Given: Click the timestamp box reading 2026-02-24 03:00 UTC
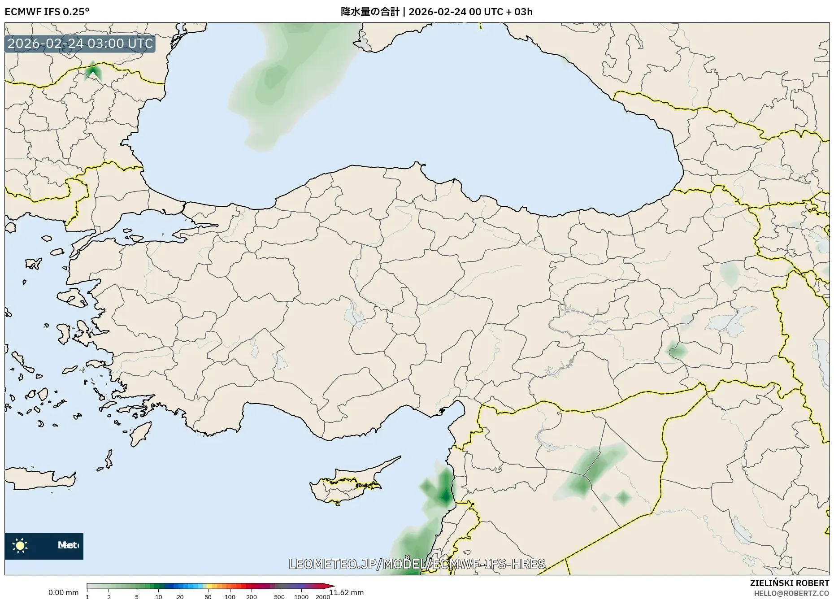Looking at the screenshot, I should [80, 44].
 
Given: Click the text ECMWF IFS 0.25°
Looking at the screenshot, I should [47, 12].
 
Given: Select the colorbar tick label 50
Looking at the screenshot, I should [208, 597].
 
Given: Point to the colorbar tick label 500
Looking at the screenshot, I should [279, 597].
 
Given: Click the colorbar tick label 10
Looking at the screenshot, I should [158, 597].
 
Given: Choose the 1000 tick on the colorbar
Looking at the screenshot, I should [301, 597].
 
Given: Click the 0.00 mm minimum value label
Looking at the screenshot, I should [63, 592].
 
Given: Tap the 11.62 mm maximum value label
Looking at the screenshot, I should [347, 593].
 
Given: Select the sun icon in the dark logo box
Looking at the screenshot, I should [20, 546].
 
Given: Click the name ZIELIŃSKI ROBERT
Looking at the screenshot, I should [790, 583].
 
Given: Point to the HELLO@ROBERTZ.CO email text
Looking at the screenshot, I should [791, 593].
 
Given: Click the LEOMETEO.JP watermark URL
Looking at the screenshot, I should [417, 564].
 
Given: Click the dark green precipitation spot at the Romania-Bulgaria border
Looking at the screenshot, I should [93, 71].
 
